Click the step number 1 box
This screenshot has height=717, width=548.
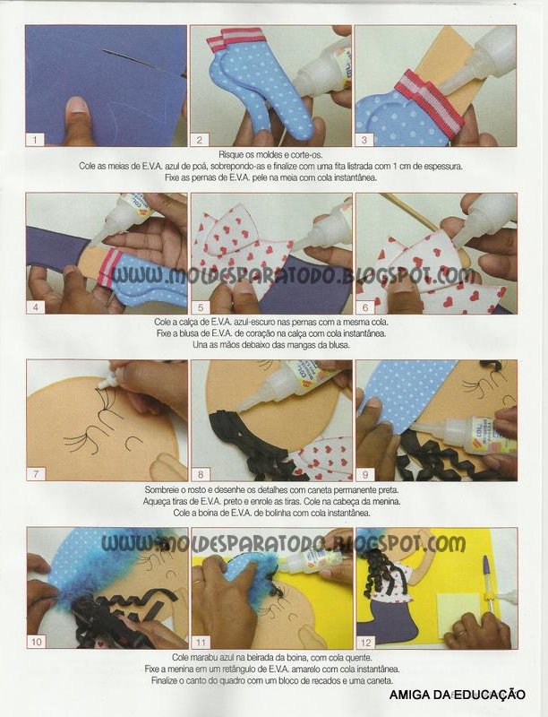[x=35, y=140]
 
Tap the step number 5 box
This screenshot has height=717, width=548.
[x=201, y=307]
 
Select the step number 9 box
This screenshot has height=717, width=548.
[x=364, y=474]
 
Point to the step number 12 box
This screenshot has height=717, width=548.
[x=366, y=642]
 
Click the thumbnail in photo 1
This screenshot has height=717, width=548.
[x=78, y=106]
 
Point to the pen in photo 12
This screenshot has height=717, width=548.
[x=488, y=584]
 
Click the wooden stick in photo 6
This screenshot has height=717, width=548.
[x=407, y=212]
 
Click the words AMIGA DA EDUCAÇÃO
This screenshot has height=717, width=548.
[x=458, y=695]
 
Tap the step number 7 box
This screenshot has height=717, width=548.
[x=36, y=474]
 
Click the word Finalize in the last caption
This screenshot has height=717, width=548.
[x=167, y=680]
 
